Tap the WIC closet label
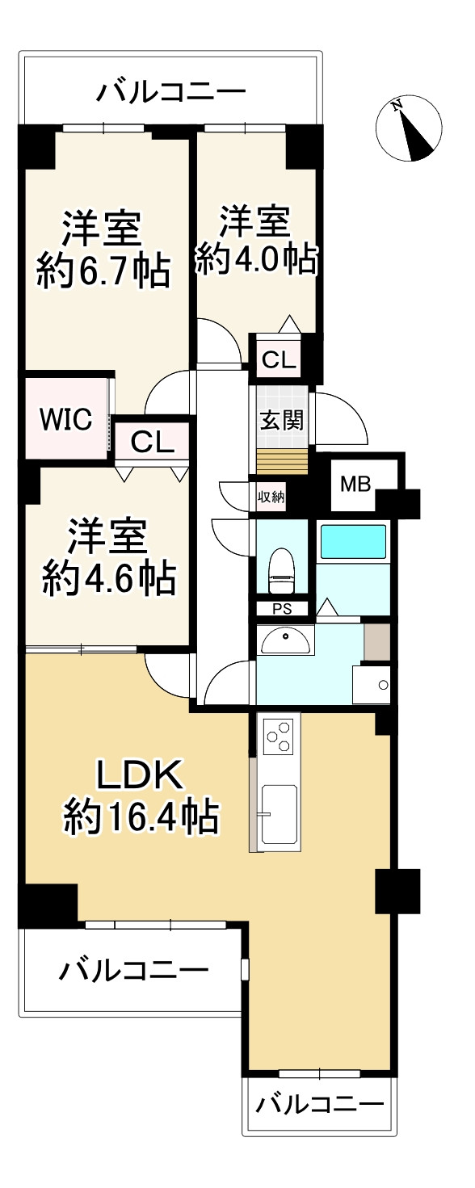pos(66,419)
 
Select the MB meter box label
pos(355,485)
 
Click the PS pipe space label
pos(282,609)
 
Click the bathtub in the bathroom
pos(354,541)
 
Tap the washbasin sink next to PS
pos(284,640)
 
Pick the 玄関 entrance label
pos(282,420)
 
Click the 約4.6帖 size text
pos(108,577)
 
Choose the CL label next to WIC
pos(151,441)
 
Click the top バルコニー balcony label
pos(170,91)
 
